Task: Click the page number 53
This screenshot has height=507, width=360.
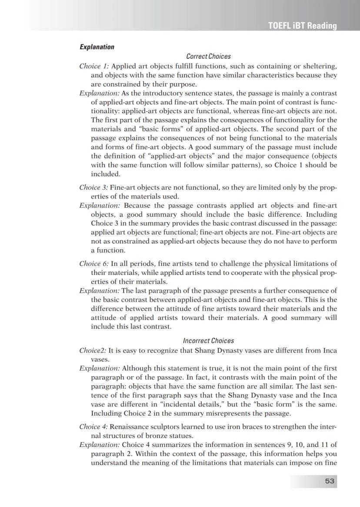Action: [x=330, y=481]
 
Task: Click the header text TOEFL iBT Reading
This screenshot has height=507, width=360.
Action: [x=303, y=26]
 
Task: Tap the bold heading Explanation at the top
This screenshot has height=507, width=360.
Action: [x=97, y=47]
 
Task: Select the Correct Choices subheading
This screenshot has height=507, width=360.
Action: [x=208, y=57]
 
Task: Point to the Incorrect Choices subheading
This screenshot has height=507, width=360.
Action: [x=208, y=341]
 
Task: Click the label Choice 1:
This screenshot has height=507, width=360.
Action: [x=94, y=66]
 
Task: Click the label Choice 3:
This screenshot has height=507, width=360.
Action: [x=94, y=188]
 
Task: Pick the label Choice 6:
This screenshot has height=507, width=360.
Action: [x=94, y=264]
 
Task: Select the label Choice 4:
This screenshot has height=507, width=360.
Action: [x=94, y=426]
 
